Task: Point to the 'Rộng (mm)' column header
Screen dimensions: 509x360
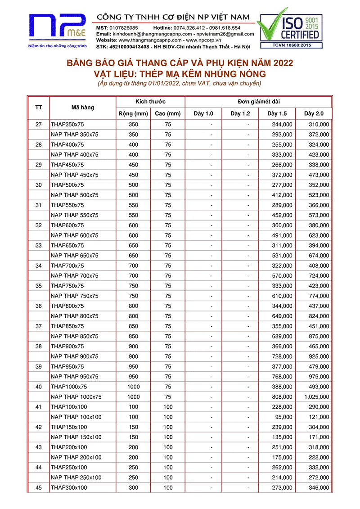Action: pos(133,113)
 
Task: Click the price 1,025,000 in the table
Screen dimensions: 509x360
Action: pos(317,397)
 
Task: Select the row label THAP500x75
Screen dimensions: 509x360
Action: pos(67,185)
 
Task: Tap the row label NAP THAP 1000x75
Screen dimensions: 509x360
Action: pos(76,397)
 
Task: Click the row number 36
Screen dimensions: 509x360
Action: pos(38,306)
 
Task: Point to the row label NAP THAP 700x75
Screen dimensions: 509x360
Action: pos(75,276)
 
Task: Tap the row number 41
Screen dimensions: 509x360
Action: pos(38,407)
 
